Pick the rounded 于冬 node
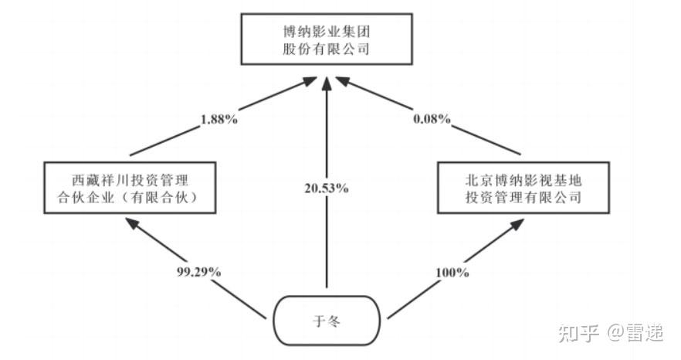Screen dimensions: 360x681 pyautogui.click(x=328, y=318)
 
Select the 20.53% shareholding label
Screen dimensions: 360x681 pyautogui.click(x=328, y=188)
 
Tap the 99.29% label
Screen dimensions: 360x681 pyautogui.click(x=200, y=272)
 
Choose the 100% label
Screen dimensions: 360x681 pyautogui.click(x=452, y=272)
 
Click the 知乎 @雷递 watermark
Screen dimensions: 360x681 pyautogui.click(x=610, y=333)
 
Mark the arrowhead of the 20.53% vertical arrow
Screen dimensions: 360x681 pyautogui.click(x=328, y=80)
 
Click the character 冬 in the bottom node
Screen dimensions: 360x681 pyautogui.click(x=334, y=318)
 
